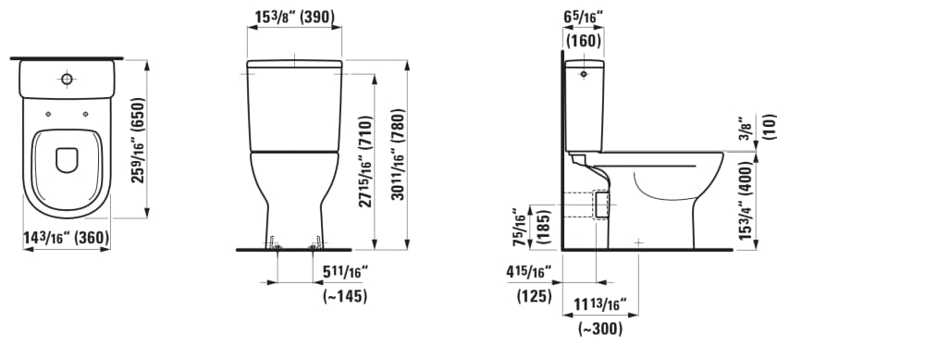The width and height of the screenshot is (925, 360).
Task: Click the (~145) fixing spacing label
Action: coord(344,296)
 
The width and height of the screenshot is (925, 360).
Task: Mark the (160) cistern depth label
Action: coord(583,41)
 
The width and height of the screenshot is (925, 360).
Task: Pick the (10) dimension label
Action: coord(771,127)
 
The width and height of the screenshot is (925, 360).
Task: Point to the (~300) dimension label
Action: coord(600,329)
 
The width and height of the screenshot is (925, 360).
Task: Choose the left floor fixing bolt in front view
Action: coord(274,244)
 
